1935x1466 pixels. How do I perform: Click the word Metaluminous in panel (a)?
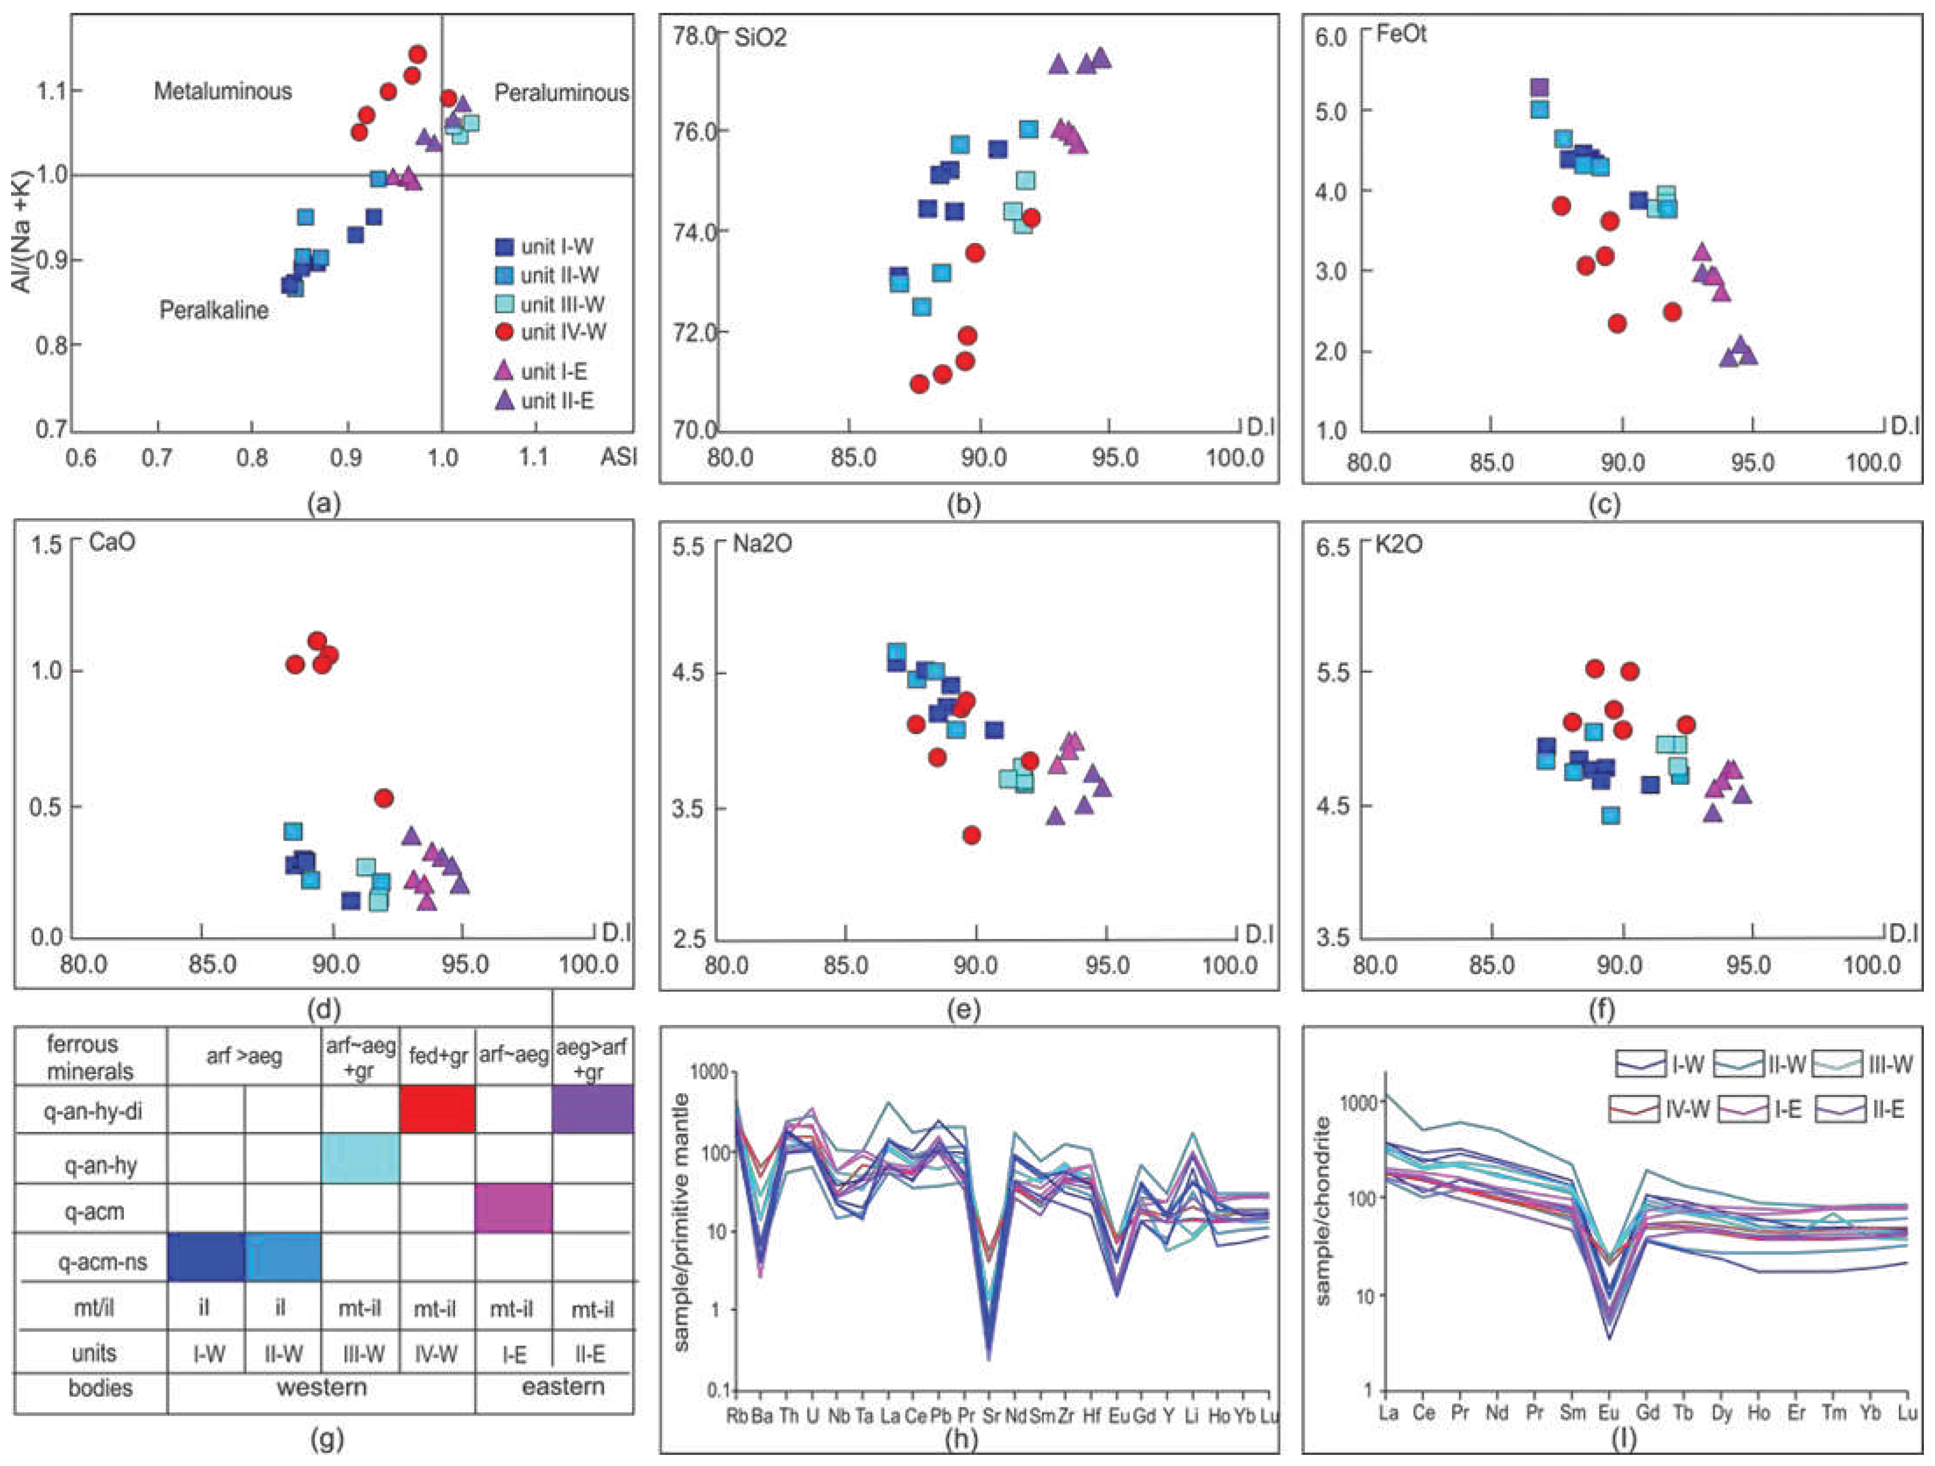(223, 91)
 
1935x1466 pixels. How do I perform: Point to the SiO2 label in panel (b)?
(760, 39)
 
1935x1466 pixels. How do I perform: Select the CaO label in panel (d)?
(112, 543)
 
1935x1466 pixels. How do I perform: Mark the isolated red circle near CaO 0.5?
(383, 798)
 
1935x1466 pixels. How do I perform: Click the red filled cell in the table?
(437, 1109)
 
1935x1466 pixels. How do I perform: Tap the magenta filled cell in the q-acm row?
(513, 1208)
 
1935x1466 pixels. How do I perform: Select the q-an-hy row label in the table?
(93, 1165)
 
